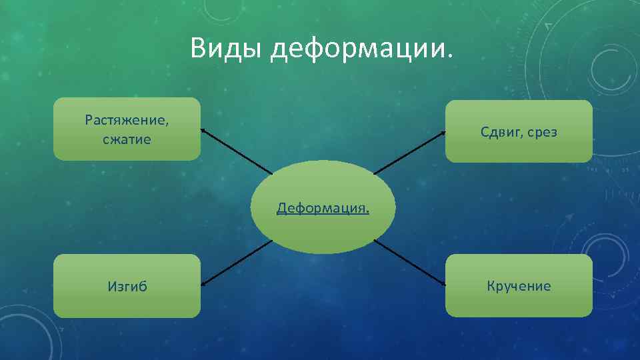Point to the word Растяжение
127,121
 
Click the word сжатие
127,140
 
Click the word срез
541,133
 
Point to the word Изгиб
127,287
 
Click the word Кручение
519,287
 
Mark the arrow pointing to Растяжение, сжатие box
237,151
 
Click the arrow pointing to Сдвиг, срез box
409,153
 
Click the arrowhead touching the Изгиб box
203,285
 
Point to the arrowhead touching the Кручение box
443,285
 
